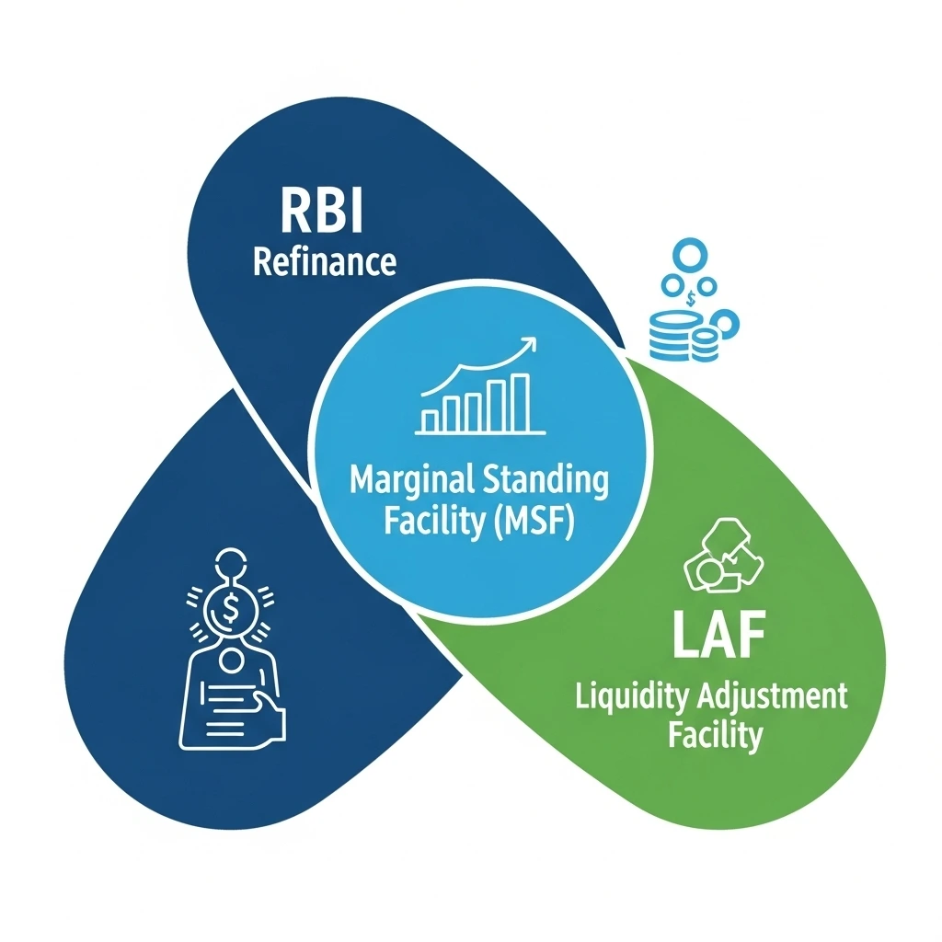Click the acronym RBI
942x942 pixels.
[x=322, y=213]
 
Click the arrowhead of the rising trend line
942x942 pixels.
[x=529, y=346]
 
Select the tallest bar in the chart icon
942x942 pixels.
[x=520, y=402]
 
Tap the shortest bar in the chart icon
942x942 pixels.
[x=429, y=420]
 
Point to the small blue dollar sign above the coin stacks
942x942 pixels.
[x=690, y=297]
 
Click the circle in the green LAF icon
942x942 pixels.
[x=709, y=576]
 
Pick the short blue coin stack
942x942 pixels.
[x=705, y=346]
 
